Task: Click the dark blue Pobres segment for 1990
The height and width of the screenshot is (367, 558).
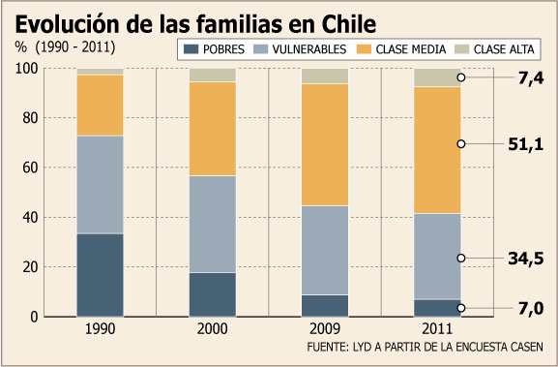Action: [100, 275]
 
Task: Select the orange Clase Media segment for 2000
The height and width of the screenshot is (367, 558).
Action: [213, 129]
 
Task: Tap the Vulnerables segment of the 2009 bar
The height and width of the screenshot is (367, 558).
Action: [325, 250]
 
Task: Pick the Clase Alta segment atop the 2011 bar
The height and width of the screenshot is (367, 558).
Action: [437, 77]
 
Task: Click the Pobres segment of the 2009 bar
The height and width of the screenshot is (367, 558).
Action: [325, 306]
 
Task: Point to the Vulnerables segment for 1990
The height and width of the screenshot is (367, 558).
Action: [100, 185]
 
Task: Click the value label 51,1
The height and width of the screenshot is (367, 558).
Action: [526, 144]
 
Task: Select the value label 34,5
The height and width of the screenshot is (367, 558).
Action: [526, 259]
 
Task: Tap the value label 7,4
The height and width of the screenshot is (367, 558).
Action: [531, 78]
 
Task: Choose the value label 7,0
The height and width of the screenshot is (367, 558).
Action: [531, 308]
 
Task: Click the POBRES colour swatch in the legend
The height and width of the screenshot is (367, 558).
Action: [191, 49]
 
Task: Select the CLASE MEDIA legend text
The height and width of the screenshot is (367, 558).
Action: [411, 49]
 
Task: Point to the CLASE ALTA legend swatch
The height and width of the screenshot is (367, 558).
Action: [461, 49]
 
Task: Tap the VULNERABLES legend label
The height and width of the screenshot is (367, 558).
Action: [309, 49]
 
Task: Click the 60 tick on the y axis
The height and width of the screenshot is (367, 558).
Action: [30, 168]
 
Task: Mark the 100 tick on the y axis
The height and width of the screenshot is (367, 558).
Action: [27, 69]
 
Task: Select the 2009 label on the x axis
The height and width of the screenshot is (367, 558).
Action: [325, 329]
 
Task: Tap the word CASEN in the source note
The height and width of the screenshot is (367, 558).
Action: [527, 347]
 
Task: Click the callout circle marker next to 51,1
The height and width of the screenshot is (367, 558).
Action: [461, 144]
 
